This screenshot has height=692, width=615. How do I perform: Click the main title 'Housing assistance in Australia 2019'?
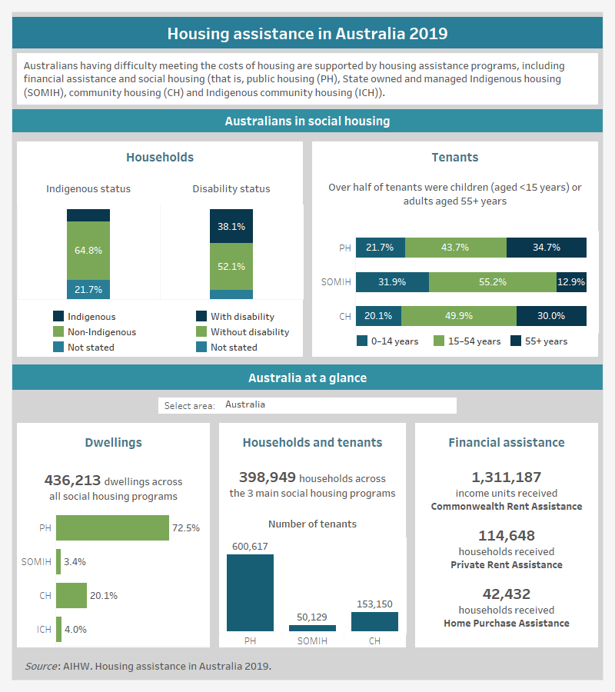307,34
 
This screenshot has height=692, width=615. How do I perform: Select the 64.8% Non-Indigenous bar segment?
88,251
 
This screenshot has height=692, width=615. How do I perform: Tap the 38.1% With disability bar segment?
231,227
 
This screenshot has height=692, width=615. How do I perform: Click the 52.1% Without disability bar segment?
231,266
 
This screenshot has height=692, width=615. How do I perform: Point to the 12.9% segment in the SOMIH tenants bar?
571,282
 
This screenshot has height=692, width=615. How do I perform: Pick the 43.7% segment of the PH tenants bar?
456,248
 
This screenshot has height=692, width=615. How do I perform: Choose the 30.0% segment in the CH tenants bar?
551,316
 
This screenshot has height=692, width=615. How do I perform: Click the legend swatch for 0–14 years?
363,341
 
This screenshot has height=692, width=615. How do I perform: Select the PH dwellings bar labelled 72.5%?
112,528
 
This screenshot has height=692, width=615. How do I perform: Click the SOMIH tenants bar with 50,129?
312,627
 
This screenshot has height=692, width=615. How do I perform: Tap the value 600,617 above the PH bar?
250,546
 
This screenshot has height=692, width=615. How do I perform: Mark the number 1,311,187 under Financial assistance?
507,477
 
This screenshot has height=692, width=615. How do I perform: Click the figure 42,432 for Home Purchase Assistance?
507,594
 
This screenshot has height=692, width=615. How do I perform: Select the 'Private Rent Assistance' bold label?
507,564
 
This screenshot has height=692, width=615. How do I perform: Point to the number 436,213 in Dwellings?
73,481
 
